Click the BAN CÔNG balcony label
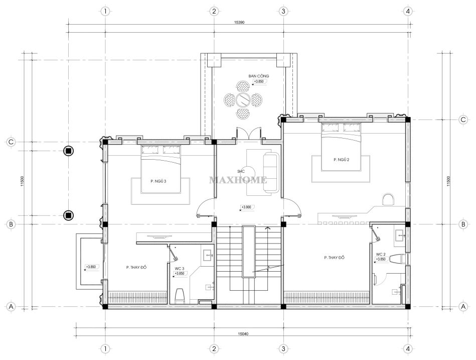(259, 76)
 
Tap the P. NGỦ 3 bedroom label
(158, 181)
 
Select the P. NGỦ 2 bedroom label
(341, 160)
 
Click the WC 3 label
(180, 269)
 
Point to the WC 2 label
(381, 254)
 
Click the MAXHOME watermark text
(238, 180)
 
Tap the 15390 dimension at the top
(239, 22)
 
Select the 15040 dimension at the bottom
(243, 334)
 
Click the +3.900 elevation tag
(246, 207)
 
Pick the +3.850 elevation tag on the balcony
(259, 81)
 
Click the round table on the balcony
(243, 98)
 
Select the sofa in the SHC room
(271, 172)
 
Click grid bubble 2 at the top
(214, 11)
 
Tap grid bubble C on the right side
(463, 119)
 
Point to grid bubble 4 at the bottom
(408, 348)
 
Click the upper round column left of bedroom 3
(69, 151)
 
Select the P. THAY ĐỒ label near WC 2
(334, 258)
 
